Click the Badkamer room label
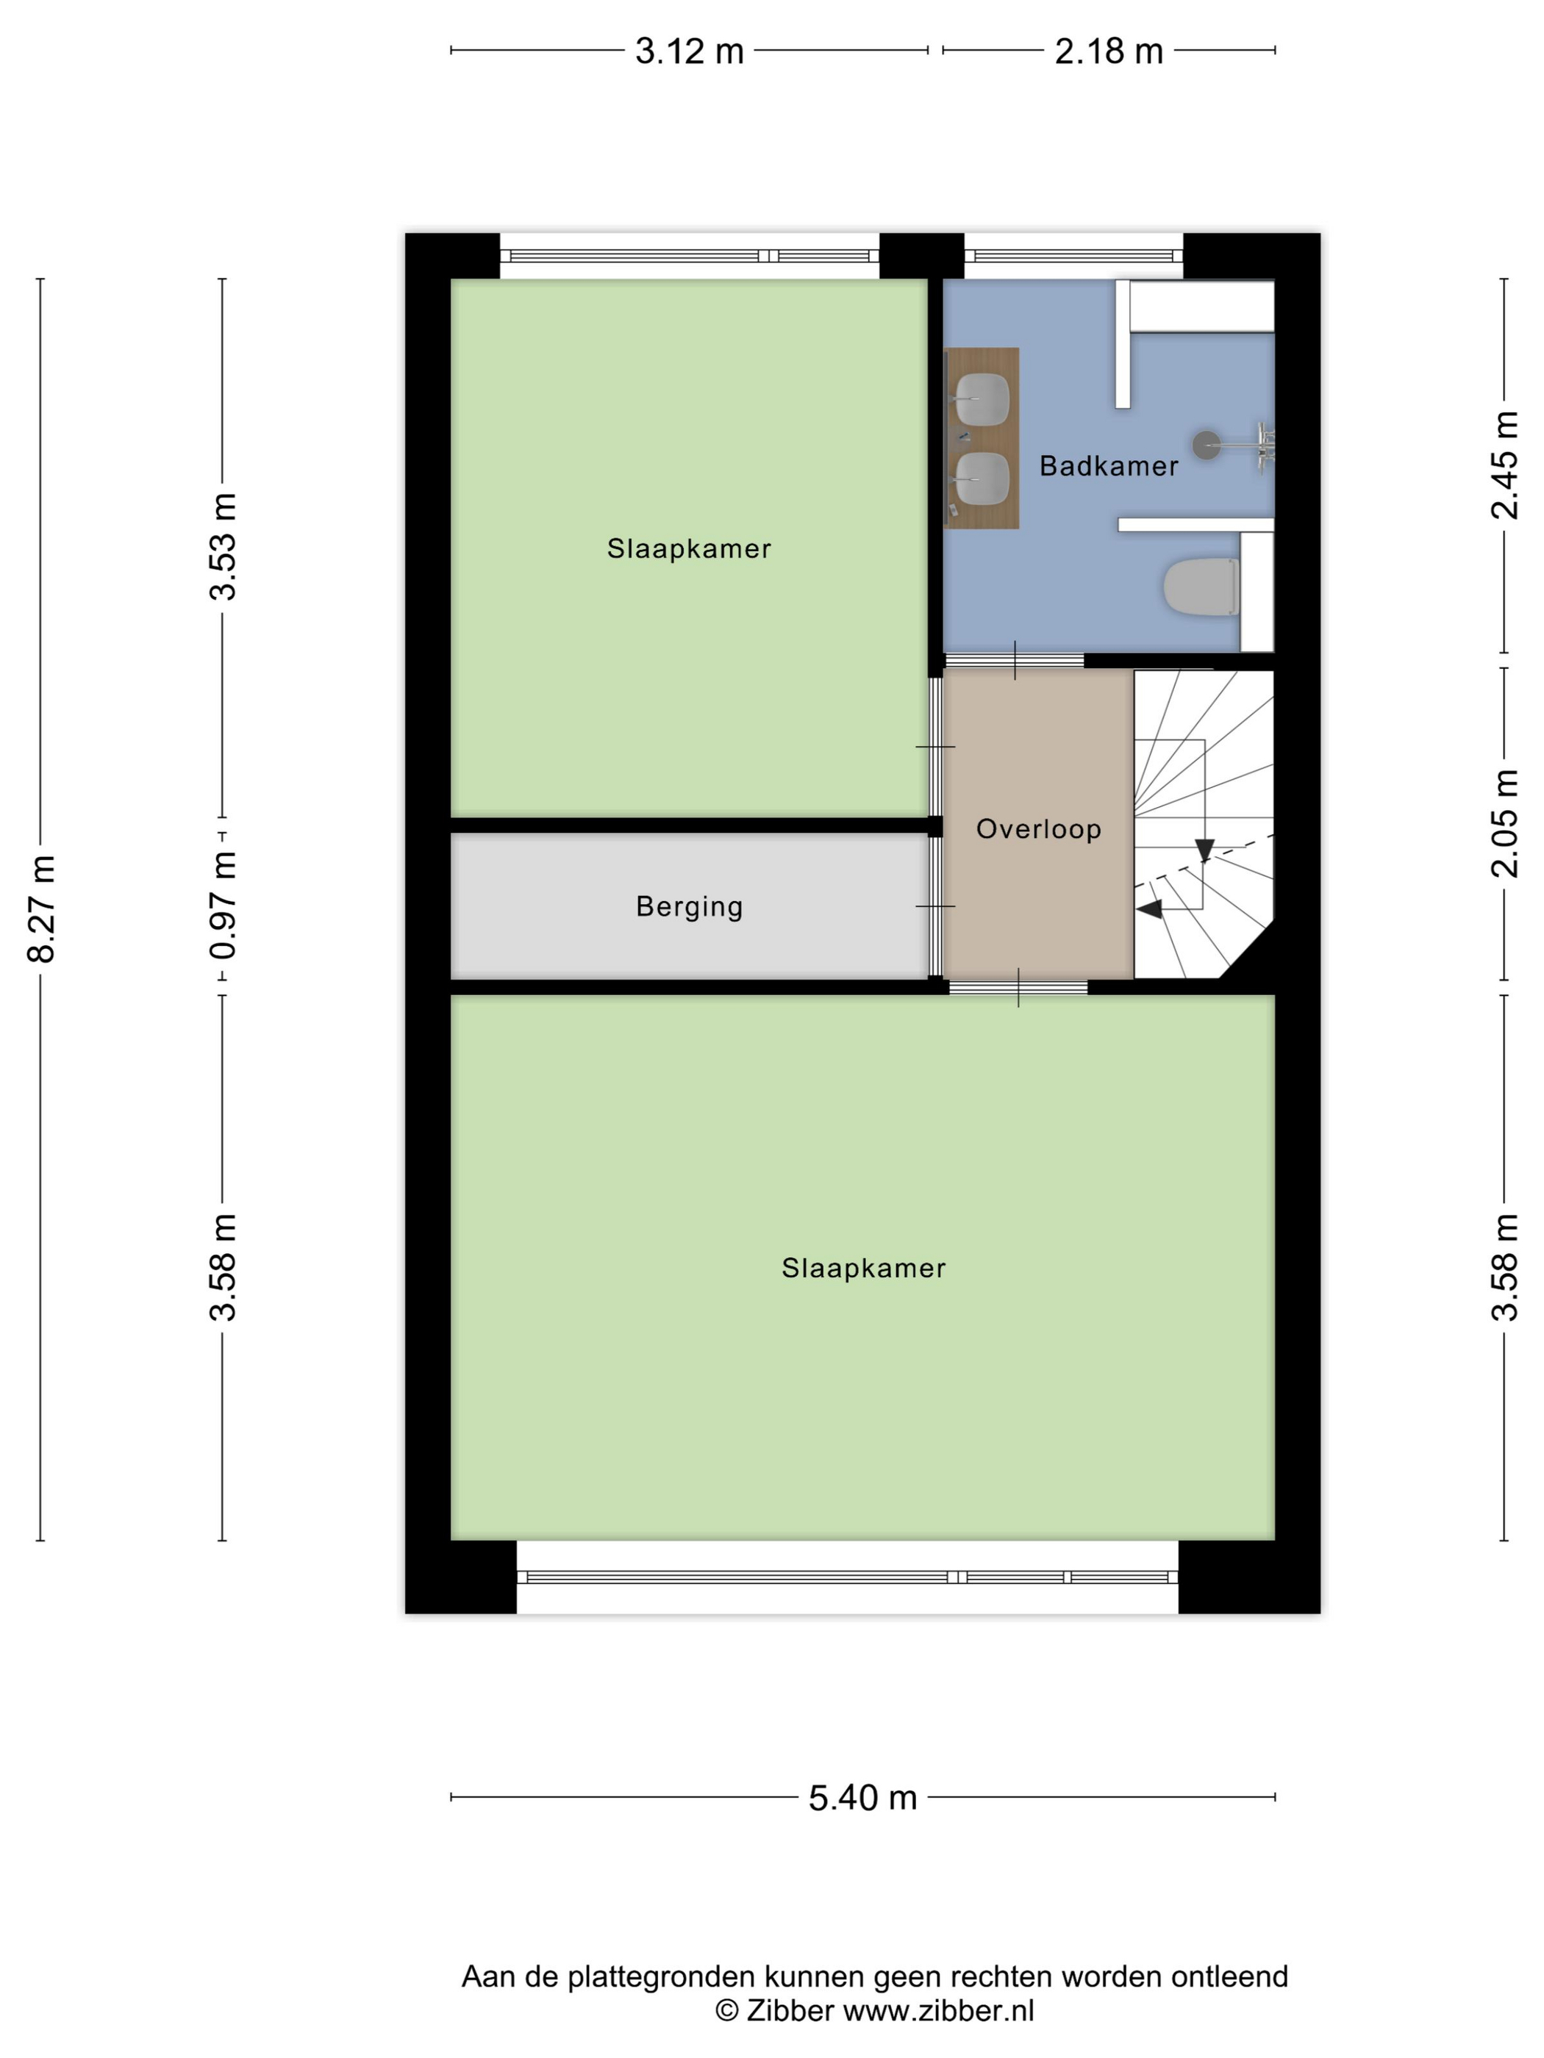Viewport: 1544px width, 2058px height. pyautogui.click(x=1109, y=466)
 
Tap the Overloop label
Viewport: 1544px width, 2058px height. pyautogui.click(x=1039, y=829)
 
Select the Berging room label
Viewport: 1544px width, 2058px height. pyautogui.click(x=690, y=907)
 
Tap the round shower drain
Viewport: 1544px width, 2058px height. pyautogui.click(x=1207, y=445)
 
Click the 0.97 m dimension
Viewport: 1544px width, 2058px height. pyautogui.click(x=224, y=906)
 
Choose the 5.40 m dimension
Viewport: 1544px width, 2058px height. pyautogui.click(x=862, y=1799)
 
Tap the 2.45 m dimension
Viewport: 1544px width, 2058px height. pyautogui.click(x=1504, y=465)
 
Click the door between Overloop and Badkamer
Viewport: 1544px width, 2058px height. pyautogui.click(x=1015, y=661)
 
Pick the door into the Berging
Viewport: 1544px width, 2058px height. pyautogui.click(x=935, y=906)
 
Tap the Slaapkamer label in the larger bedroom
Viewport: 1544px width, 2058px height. pyautogui.click(x=864, y=1268)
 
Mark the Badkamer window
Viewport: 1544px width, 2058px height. pyautogui.click(x=1073, y=256)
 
